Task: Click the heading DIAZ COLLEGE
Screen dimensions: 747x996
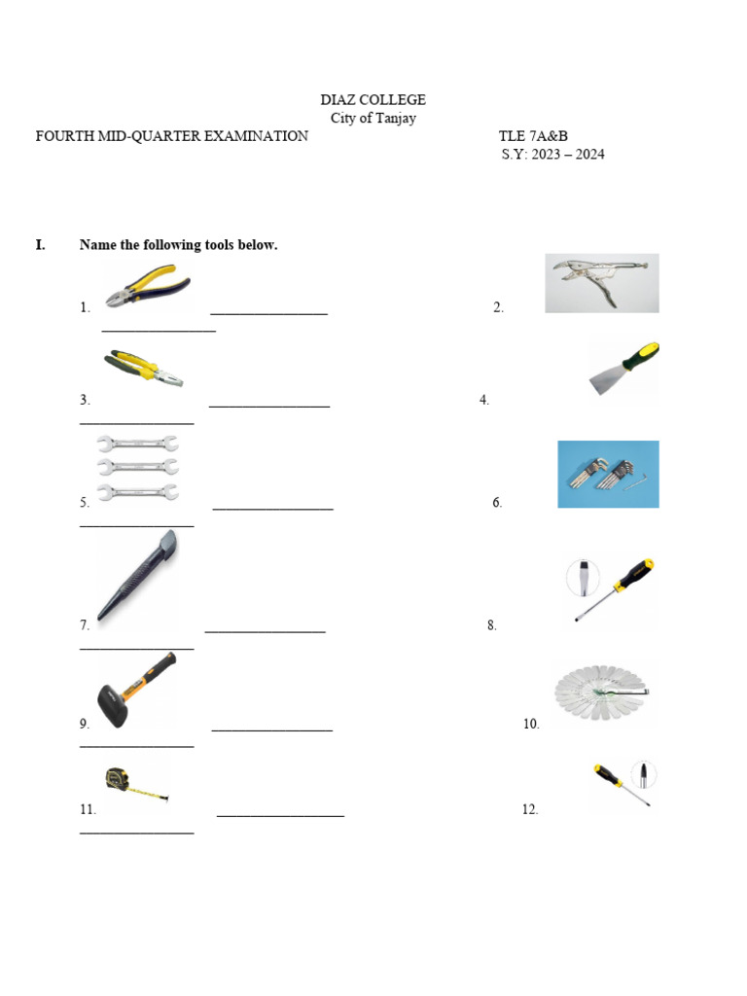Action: [373, 100]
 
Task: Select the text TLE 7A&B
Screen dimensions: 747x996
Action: [533, 136]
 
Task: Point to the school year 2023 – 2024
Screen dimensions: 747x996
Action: [568, 155]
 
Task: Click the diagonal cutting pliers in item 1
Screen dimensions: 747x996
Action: [148, 288]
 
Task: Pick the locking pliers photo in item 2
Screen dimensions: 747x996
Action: [601, 283]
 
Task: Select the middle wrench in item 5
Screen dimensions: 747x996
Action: [138, 468]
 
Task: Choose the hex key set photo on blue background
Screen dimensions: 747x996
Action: [608, 475]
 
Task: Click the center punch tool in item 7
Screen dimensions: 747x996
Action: [138, 575]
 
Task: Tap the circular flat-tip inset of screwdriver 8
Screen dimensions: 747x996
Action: [583, 578]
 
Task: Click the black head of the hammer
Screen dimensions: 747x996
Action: [113, 705]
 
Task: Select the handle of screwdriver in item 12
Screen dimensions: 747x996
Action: [608, 775]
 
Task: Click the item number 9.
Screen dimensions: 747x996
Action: [85, 724]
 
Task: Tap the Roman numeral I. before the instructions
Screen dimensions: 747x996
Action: [41, 245]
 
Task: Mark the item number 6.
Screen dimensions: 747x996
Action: [497, 503]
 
